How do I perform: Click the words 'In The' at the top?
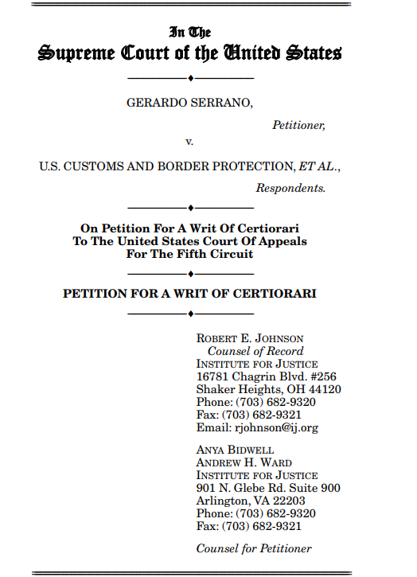click(190, 33)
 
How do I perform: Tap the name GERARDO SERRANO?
click(189, 104)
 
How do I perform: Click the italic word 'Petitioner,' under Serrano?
click(298, 124)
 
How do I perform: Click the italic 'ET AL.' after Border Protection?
click(318, 168)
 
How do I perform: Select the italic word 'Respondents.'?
click(290, 189)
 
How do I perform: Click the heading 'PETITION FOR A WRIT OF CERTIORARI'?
click(189, 294)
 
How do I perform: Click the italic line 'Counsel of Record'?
click(255, 352)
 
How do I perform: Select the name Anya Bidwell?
click(236, 450)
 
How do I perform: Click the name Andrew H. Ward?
click(244, 463)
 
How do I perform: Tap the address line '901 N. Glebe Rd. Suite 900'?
click(268, 488)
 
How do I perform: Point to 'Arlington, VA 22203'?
click(250, 501)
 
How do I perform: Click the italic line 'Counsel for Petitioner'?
click(254, 548)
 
